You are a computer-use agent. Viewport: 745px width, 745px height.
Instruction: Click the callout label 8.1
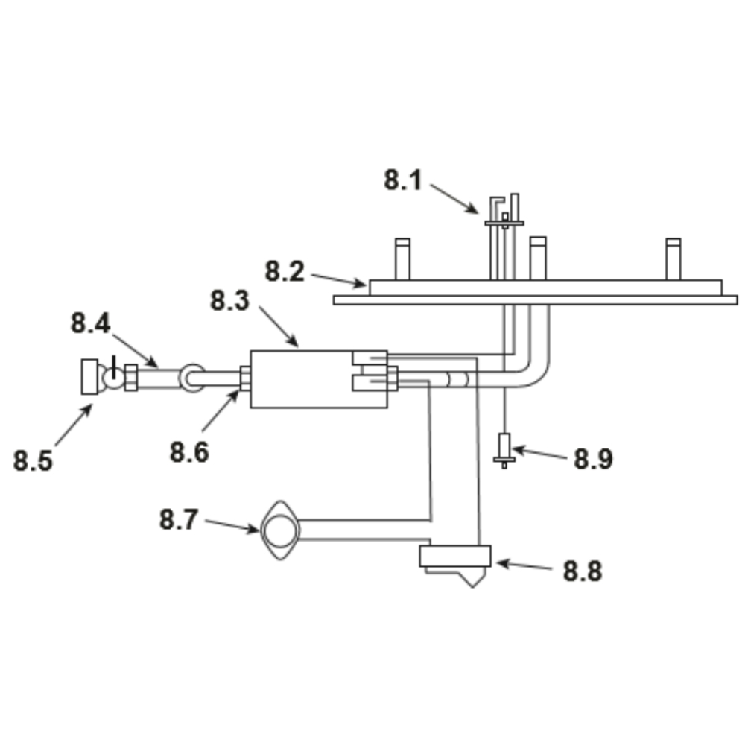tap(403, 180)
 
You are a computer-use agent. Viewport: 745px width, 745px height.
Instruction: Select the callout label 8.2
tap(284, 272)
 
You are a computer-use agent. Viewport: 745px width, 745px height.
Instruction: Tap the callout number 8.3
tap(229, 301)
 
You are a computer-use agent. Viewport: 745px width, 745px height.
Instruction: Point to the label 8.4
tap(90, 323)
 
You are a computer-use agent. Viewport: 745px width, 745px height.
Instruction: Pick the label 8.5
tap(33, 461)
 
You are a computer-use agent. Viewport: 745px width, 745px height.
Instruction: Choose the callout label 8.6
tap(189, 452)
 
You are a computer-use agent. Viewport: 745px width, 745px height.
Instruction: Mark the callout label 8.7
tap(178, 519)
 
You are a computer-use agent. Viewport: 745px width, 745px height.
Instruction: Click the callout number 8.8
tap(583, 571)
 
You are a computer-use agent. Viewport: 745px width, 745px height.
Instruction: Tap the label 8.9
tap(594, 459)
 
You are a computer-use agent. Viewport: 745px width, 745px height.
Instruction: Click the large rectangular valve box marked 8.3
tap(319, 379)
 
